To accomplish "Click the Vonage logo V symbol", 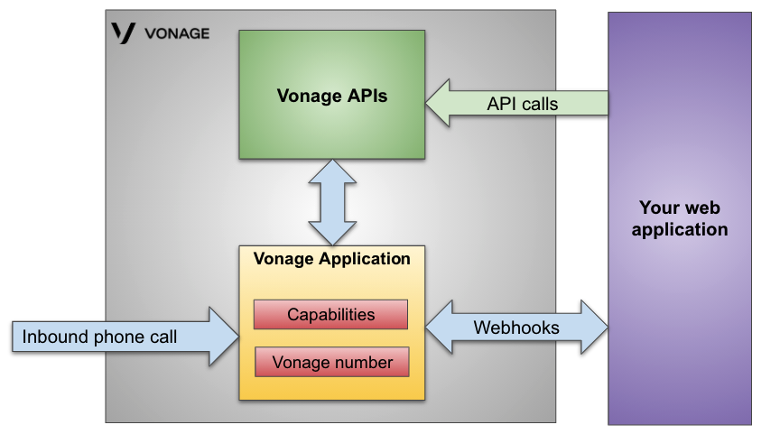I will coord(123,33).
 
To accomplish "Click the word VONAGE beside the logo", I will coord(176,33).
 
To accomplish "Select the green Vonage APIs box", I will coord(331,95).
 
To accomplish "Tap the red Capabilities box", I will coord(330,315).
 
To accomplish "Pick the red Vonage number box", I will coord(332,363).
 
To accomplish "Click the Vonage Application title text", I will coord(331,259).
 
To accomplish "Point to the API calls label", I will coord(522,104).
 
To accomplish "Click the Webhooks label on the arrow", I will coord(515,328).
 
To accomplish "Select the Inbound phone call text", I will coord(99,337).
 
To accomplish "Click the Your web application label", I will coord(679,218).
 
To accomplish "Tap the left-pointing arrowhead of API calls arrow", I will coord(440,104).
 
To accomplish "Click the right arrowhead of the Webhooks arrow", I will coord(594,328).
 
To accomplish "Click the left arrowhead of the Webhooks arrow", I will coord(438,328).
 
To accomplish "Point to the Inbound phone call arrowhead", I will coord(223,337).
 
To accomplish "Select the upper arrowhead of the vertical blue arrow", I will coord(332,171).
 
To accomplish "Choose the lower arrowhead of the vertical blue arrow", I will coord(332,233).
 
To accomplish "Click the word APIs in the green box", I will coord(368,95).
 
